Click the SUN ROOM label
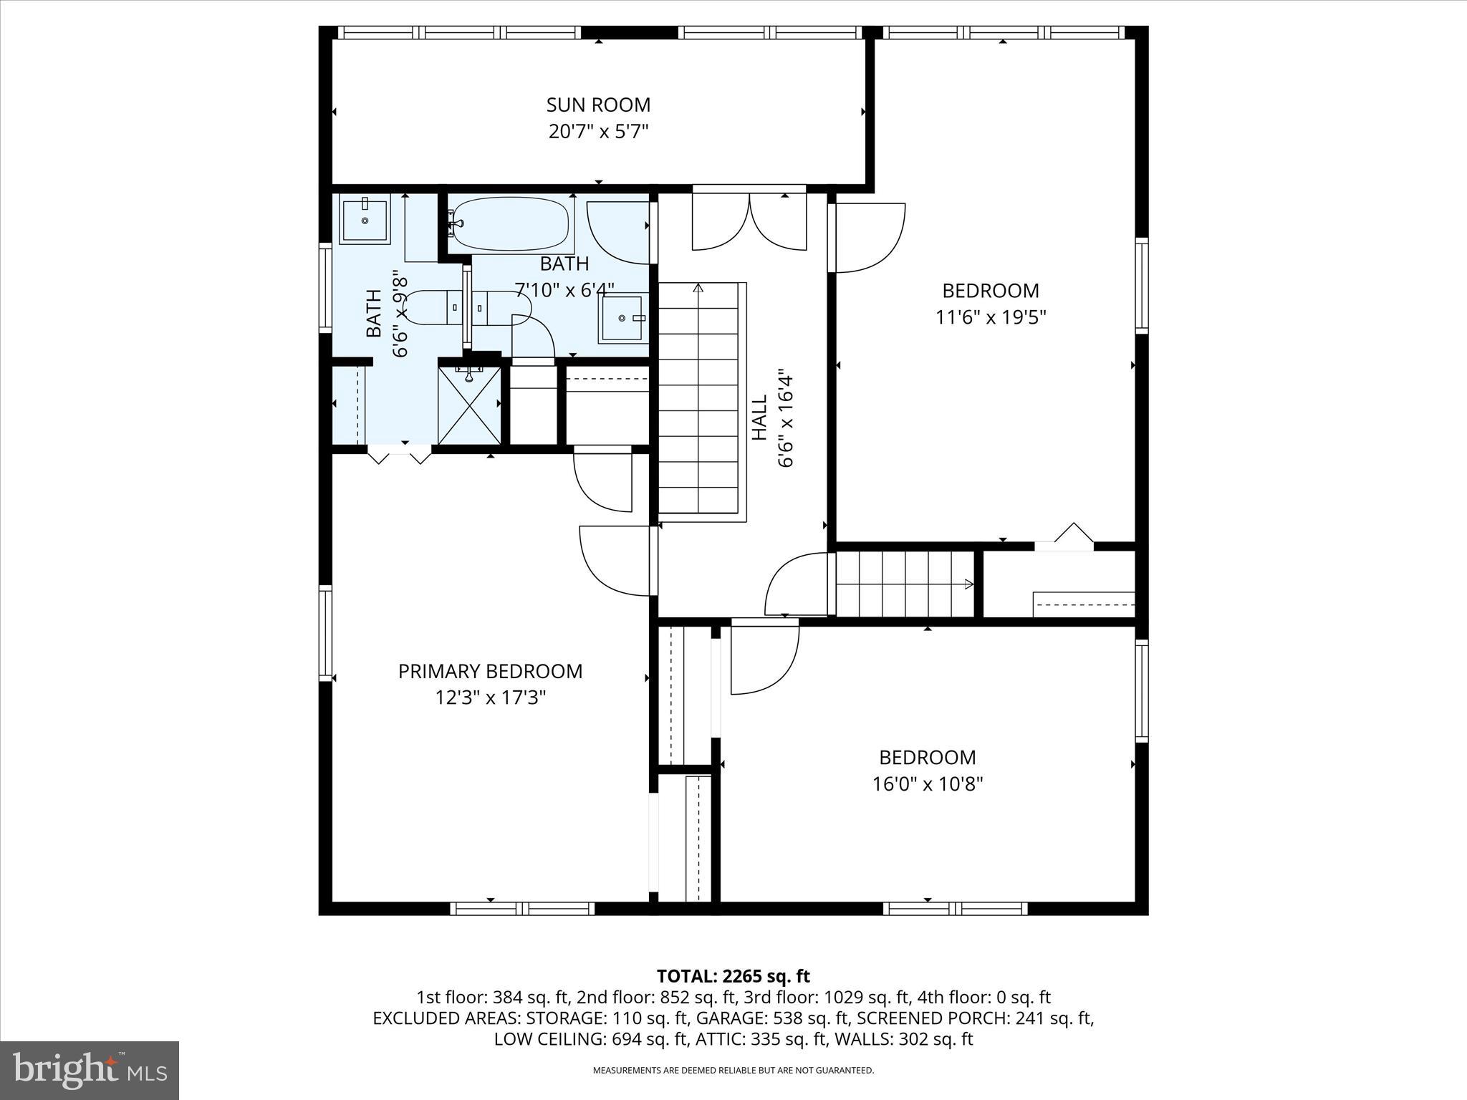pyautogui.click(x=598, y=105)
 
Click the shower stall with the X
pyautogui.click(x=469, y=405)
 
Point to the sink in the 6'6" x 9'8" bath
pyautogui.click(x=364, y=220)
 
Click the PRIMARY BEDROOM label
pyautogui.click(x=490, y=671)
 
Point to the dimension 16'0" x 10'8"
pyautogui.click(x=927, y=784)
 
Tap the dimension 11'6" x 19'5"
pyautogui.click(x=991, y=317)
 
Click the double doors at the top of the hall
pyautogui.click(x=749, y=222)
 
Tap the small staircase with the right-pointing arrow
pyautogui.click(x=905, y=584)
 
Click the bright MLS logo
pyautogui.click(x=90, y=1070)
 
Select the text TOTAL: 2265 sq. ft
pyautogui.click(x=733, y=976)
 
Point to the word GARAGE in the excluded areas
pyautogui.click(x=726, y=1018)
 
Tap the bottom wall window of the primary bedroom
pyautogui.click(x=522, y=908)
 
